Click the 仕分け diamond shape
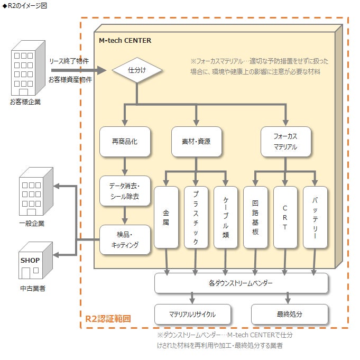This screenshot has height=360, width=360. tap(137, 70)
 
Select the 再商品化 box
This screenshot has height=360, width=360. tap(125, 142)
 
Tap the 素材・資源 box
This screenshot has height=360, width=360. tap(196, 142)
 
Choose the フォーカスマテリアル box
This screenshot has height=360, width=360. tap(285, 142)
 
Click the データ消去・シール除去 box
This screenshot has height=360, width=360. tap(125, 191)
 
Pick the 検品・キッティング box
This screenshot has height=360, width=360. tap(125, 239)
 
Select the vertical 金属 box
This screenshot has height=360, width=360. tap(166, 217)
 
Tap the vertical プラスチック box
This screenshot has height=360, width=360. tap(196, 217)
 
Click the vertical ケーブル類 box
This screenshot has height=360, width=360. tap(226, 217)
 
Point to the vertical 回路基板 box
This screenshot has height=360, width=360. tap(255, 217)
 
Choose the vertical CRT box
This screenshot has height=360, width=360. tap(285, 217)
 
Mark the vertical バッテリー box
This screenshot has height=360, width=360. tap(315, 217)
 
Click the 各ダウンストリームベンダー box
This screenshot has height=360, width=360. tap(241, 283)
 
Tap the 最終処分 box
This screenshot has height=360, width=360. tap(289, 314)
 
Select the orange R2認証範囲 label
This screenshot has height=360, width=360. tap(108, 319)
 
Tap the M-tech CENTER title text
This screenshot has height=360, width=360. tap(125, 40)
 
